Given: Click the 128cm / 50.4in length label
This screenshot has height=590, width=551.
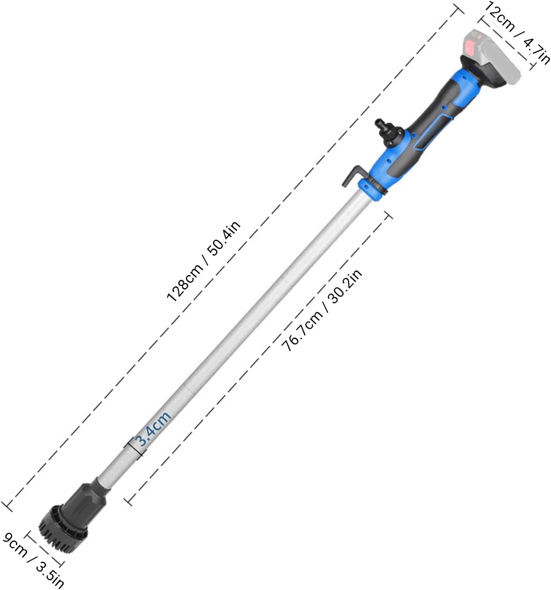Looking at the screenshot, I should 204,261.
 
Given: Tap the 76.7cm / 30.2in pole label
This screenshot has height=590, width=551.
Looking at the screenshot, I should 322,310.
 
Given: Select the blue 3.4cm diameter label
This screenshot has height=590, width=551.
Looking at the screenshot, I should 154,428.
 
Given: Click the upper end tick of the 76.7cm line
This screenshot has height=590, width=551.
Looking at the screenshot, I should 388,215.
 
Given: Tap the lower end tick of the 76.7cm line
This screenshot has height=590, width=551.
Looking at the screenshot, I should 128,501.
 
